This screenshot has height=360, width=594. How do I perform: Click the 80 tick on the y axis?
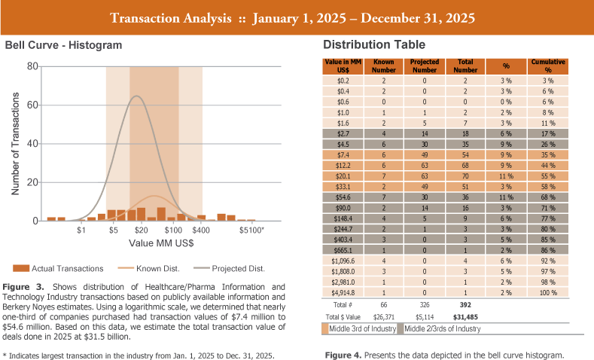point(32,66)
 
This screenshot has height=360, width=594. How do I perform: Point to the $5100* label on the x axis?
point(252,230)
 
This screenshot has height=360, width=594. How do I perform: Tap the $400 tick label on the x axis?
point(201,230)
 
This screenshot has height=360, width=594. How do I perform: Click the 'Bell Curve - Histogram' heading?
point(63,46)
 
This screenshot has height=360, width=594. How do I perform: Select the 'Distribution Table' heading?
point(373,46)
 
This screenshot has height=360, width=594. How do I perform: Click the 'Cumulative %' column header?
point(547,66)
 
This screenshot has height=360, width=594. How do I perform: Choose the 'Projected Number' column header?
point(425,66)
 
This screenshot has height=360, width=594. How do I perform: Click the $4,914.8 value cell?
point(343,292)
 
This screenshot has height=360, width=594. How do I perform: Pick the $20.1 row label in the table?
point(343,175)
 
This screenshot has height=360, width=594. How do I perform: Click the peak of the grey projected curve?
point(137,96)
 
